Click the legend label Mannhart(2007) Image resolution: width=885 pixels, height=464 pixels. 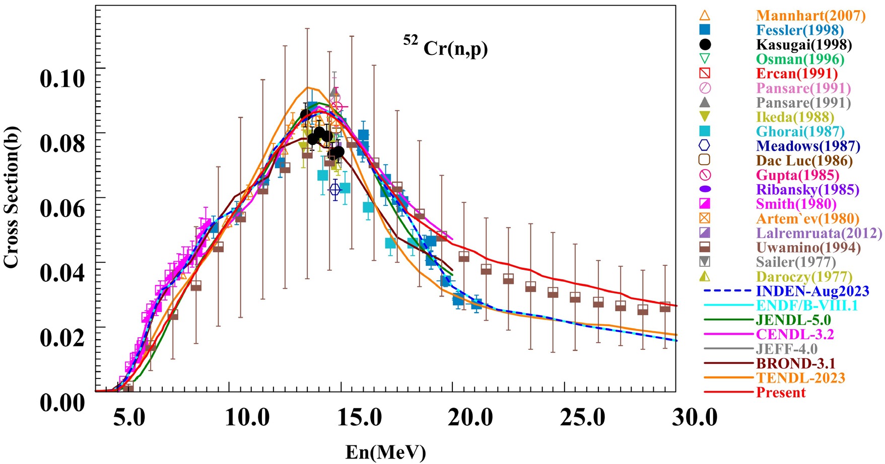point(810,16)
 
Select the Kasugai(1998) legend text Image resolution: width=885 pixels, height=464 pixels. point(804,45)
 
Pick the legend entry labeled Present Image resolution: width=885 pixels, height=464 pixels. point(781,393)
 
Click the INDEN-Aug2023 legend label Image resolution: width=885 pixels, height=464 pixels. point(812,291)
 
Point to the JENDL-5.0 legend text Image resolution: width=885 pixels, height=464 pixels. point(793,320)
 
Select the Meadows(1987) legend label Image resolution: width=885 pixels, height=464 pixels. point(808,146)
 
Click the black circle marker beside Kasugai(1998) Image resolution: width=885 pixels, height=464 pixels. point(705,45)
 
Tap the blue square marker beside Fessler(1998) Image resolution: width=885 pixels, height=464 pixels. point(705,30)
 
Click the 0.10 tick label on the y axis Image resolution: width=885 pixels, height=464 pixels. point(62,79)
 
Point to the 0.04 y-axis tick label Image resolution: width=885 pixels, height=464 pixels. point(62,273)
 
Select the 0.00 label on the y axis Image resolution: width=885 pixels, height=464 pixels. point(62,402)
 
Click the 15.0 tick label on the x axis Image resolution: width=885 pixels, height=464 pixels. point(358,418)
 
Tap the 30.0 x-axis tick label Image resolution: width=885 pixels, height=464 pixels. point(695,418)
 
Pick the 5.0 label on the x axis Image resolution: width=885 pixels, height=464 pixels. point(129,418)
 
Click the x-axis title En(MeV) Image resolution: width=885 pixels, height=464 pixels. point(385,452)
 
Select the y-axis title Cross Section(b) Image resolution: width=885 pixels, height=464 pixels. point(11,197)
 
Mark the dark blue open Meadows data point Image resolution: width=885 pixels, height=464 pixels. point(335,190)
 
